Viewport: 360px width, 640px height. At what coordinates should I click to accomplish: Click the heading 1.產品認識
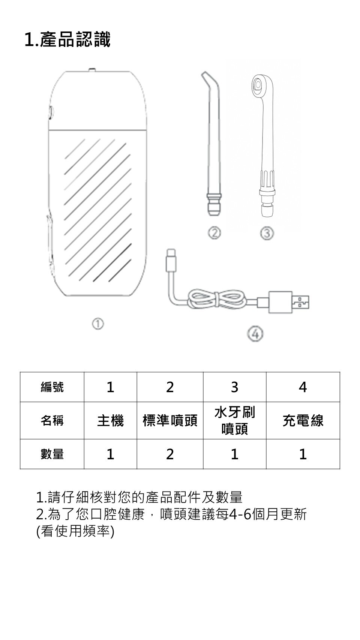[67, 40]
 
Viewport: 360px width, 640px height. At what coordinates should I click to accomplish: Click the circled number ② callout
[214, 233]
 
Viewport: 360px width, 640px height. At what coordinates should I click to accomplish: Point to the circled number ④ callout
[255, 333]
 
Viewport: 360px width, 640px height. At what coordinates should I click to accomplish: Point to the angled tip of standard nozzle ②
[206, 80]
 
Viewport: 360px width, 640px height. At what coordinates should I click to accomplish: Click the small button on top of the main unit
[92, 69]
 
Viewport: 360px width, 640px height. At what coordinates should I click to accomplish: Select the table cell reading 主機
[110, 421]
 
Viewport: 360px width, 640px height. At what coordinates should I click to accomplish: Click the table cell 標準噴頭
[170, 421]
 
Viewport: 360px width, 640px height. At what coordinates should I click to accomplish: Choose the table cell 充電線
[303, 421]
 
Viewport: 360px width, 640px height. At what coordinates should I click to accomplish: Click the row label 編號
[52, 387]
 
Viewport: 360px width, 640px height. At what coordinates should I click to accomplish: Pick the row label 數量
[52, 454]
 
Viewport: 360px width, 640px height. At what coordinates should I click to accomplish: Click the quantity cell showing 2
[170, 454]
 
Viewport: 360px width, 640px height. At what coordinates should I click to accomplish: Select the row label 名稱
[52, 421]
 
